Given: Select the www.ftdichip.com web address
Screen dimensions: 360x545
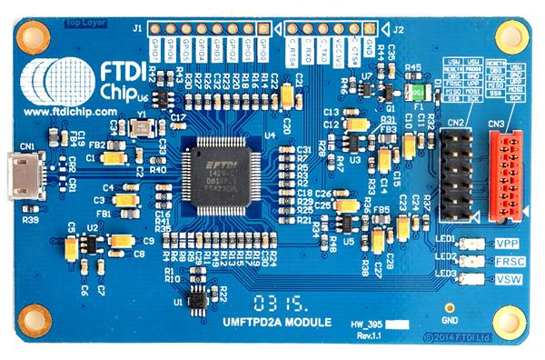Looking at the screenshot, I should click(71, 111).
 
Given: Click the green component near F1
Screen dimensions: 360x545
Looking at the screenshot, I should click(417, 93).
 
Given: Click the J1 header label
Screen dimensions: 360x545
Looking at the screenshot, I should click(135, 28).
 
